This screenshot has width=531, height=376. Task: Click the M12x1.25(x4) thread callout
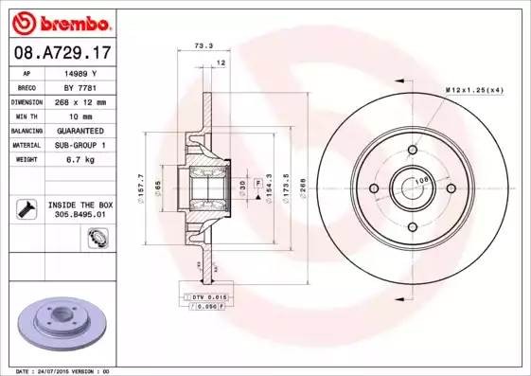(x=472, y=88)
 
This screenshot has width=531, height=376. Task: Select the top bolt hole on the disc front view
(x=415, y=148)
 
